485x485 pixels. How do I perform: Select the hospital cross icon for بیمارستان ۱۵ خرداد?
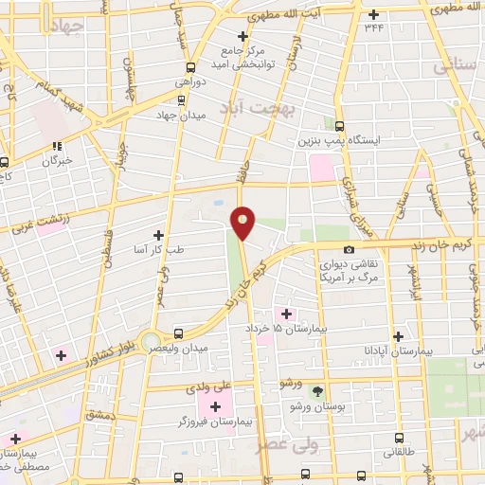286,313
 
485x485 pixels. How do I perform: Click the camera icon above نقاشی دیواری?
350,250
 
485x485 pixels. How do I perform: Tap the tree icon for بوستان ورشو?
317,390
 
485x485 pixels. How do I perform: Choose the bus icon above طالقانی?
398,439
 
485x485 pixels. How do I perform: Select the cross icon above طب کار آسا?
158,235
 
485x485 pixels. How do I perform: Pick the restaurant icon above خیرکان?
57,146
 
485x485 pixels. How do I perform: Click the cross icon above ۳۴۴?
373,13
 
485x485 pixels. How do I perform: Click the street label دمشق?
98,414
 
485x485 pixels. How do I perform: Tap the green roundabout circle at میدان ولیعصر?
151,340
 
